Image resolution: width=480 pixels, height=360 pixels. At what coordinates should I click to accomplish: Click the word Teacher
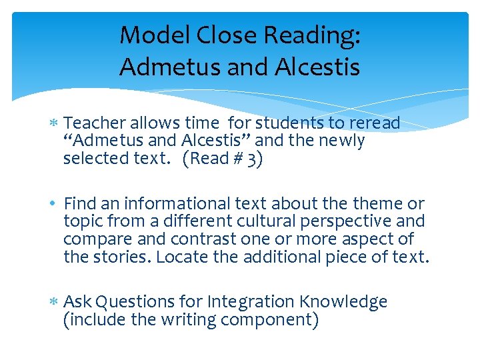coord(95,123)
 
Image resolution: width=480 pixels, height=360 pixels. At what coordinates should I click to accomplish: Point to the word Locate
coord(179,256)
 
